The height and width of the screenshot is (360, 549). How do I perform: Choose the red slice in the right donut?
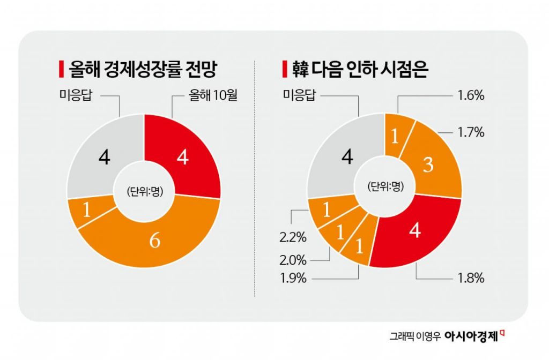click(x=414, y=231)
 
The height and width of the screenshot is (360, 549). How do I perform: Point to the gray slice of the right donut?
click(x=346, y=156)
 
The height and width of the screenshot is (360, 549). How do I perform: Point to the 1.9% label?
click(x=293, y=279)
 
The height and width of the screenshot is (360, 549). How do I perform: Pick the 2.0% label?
click(x=293, y=260)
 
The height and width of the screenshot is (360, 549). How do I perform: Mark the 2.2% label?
click(x=293, y=235)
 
